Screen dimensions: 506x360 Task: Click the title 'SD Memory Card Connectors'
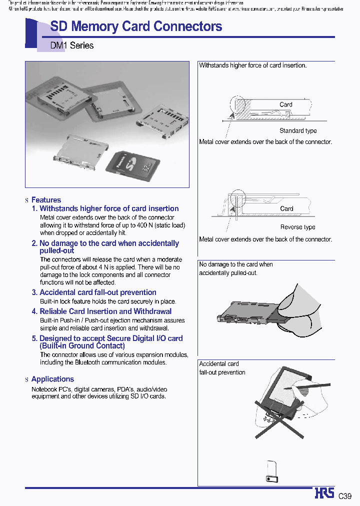[x=136, y=26]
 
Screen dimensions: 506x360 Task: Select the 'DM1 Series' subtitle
[x=72, y=45]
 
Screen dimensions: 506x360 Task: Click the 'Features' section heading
[x=46, y=200]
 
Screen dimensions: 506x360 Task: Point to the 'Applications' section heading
[x=52, y=379]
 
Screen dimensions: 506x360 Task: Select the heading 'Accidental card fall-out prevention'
[x=97, y=292]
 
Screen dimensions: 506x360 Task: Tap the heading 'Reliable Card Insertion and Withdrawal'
[x=105, y=311]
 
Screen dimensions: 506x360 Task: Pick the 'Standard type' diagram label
[x=298, y=131]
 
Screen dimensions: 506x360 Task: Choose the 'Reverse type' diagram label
[x=297, y=227]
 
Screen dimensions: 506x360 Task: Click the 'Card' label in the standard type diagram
[x=286, y=104]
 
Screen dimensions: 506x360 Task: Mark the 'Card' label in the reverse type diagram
[x=286, y=208]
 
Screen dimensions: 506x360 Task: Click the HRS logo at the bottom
[x=324, y=493]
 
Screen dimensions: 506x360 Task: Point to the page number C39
[x=345, y=496]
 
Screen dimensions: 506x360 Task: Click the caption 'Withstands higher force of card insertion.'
[x=253, y=65]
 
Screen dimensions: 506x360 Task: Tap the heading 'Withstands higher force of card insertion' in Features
[x=109, y=208]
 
